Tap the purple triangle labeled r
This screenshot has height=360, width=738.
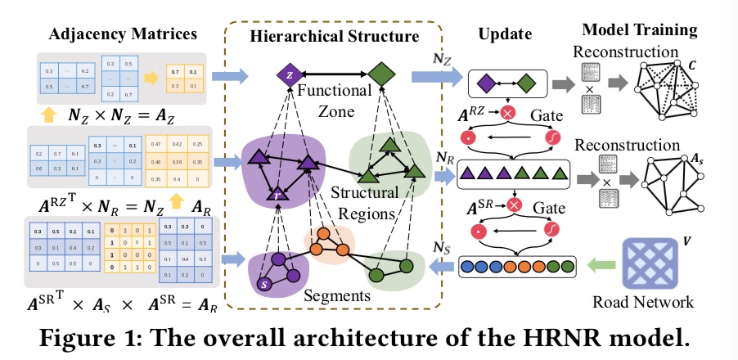coord(280,196)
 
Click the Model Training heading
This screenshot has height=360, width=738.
coord(639,31)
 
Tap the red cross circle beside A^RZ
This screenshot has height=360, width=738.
coord(507,114)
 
